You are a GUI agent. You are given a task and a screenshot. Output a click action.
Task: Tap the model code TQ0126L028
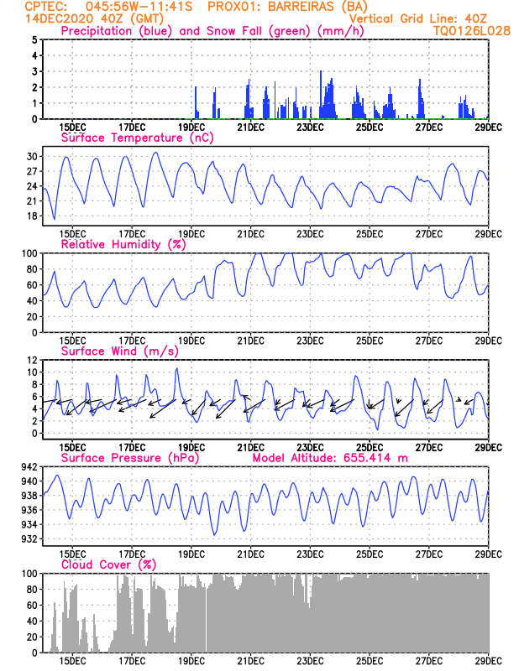coord(461,31)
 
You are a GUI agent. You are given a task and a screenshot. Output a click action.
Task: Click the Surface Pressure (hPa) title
coord(126,458)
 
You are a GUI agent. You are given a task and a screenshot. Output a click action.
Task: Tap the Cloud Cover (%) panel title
coord(108,564)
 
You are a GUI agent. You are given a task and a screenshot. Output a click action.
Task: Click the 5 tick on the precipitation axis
coord(34,39)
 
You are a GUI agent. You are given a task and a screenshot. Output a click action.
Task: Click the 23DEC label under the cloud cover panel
coord(311,661)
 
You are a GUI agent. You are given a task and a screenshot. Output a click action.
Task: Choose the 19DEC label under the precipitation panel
coord(191,127)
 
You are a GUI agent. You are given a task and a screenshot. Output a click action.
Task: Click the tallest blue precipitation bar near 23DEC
coord(322,94)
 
